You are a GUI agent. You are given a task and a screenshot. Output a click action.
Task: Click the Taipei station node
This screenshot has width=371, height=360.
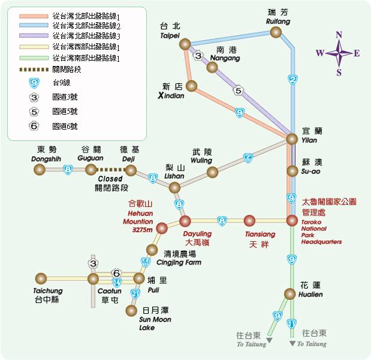pos(185,44)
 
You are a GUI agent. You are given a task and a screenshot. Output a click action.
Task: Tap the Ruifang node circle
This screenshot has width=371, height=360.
pos(276,32)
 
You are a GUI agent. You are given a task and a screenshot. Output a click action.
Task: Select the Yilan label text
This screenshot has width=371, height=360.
pos(309,140)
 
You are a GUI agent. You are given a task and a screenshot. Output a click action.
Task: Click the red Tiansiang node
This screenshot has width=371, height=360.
pos(249,221)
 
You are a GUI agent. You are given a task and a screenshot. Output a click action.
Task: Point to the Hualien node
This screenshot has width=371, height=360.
pos(290,294)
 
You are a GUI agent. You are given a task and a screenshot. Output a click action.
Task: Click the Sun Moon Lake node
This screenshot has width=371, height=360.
pos(131,311)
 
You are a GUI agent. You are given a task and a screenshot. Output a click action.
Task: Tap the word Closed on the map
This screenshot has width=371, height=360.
pos(110,179)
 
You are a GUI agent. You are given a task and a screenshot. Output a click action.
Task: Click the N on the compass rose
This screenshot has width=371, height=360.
pos(339,35)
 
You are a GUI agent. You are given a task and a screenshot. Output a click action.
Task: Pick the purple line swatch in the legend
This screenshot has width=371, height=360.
pos(34,35)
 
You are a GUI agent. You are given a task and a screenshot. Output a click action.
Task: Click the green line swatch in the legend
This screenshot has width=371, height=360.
pos(34,58)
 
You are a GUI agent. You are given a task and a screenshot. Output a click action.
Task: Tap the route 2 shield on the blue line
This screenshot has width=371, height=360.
pos(292,80)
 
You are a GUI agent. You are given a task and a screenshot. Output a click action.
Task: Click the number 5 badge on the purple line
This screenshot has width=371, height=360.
pos(239,91)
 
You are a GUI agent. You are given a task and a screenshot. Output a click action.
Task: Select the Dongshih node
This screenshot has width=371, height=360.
pos(40,170)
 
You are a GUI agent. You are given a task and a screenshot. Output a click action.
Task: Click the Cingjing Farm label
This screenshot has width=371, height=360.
pos(179,262)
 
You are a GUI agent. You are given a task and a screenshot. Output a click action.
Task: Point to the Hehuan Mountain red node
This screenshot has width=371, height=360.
pos(162,228)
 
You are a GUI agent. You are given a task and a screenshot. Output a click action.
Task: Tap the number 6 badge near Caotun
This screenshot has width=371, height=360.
pos(116,274)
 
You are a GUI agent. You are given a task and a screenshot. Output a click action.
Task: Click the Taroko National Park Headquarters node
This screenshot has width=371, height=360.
pos(292,221)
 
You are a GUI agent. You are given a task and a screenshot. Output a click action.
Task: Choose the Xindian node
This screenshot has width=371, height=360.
pos(191,86)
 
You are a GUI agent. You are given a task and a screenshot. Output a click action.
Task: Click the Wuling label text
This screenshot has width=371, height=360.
pos(201,160)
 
